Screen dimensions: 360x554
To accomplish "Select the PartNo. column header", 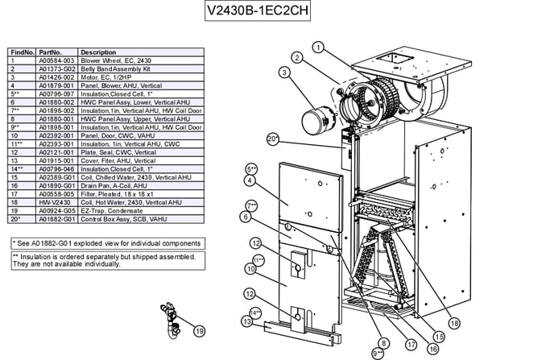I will pos(50,52).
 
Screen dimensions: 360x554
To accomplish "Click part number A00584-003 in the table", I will pos(57,60).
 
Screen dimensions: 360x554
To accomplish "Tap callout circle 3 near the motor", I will pos(284,72).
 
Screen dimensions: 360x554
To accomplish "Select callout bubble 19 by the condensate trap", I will pos(200,329).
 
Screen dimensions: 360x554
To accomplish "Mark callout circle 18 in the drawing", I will pos(455,323).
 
